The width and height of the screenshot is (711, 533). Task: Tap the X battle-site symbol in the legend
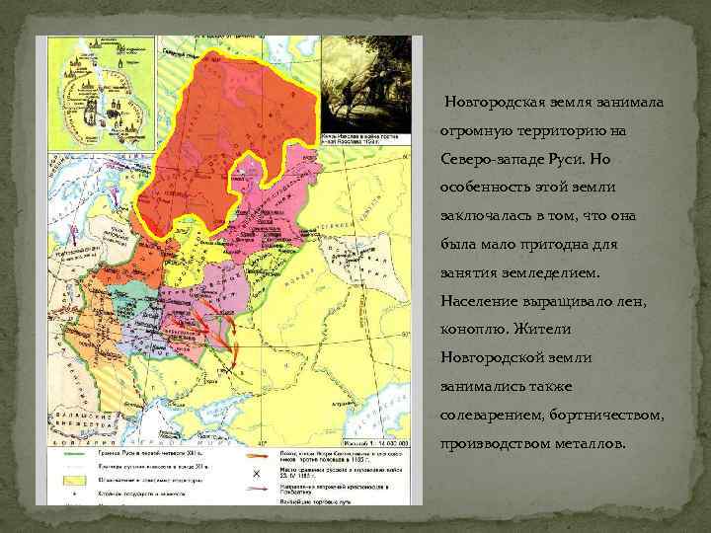(258, 474)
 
